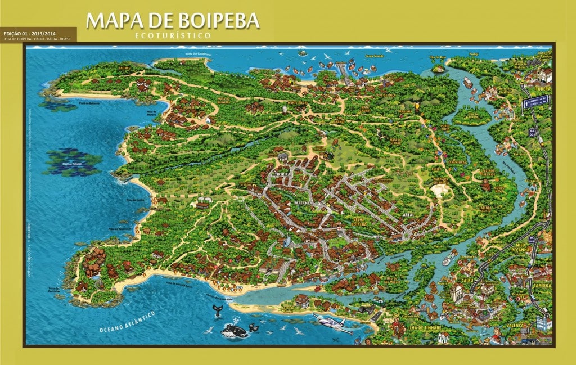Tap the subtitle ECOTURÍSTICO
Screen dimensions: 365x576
click(173, 35)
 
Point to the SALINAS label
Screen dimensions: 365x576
click(124, 67)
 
